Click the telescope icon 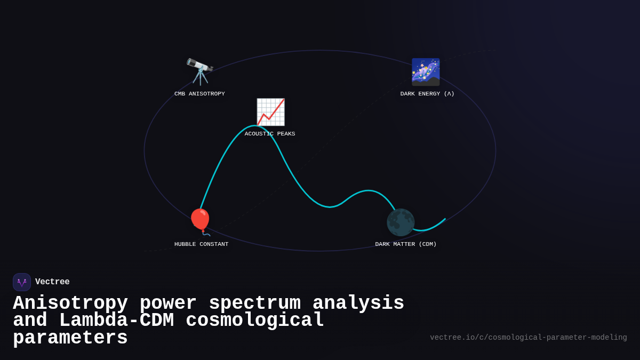(x=200, y=72)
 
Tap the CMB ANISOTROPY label (x=199, y=94)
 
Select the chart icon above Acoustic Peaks (x=270, y=112)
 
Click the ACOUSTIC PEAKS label (x=270, y=134)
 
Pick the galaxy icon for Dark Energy (x=426, y=72)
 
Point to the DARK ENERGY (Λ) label (x=427, y=94)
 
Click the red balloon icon (x=201, y=221)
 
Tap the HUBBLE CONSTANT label (x=201, y=244)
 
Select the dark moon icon (x=401, y=222)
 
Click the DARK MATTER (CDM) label (x=406, y=244)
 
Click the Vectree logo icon (x=22, y=282)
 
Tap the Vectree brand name (x=52, y=282)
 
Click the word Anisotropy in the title (x=70, y=303)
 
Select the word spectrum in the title (x=254, y=303)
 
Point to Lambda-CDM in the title (x=116, y=321)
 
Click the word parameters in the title (x=70, y=338)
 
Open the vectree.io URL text (x=528, y=338)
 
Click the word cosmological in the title (x=254, y=321)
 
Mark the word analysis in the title (x=358, y=303)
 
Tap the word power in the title (x=168, y=303)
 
